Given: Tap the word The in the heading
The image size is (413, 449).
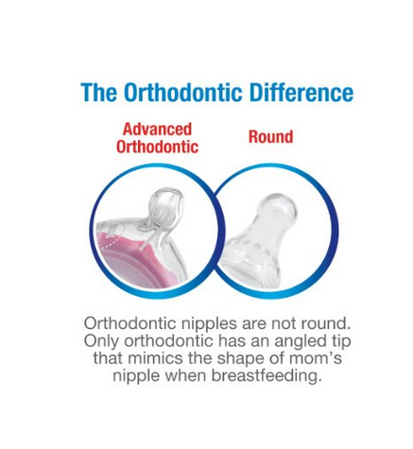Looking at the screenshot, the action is (x=99, y=93).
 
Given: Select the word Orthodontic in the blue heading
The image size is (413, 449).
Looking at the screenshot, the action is (x=183, y=93).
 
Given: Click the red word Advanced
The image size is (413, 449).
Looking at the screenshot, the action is (x=157, y=130).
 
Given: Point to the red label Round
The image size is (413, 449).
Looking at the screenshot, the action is (x=271, y=137).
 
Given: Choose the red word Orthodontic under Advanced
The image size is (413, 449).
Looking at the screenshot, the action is (x=157, y=147).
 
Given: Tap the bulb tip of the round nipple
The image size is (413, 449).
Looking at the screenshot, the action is (x=279, y=206).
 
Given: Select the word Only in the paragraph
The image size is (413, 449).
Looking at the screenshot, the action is (x=102, y=341).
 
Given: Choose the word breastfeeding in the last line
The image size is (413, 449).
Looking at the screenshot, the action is (x=267, y=375).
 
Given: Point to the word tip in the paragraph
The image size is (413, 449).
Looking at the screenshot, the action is (x=341, y=341).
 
